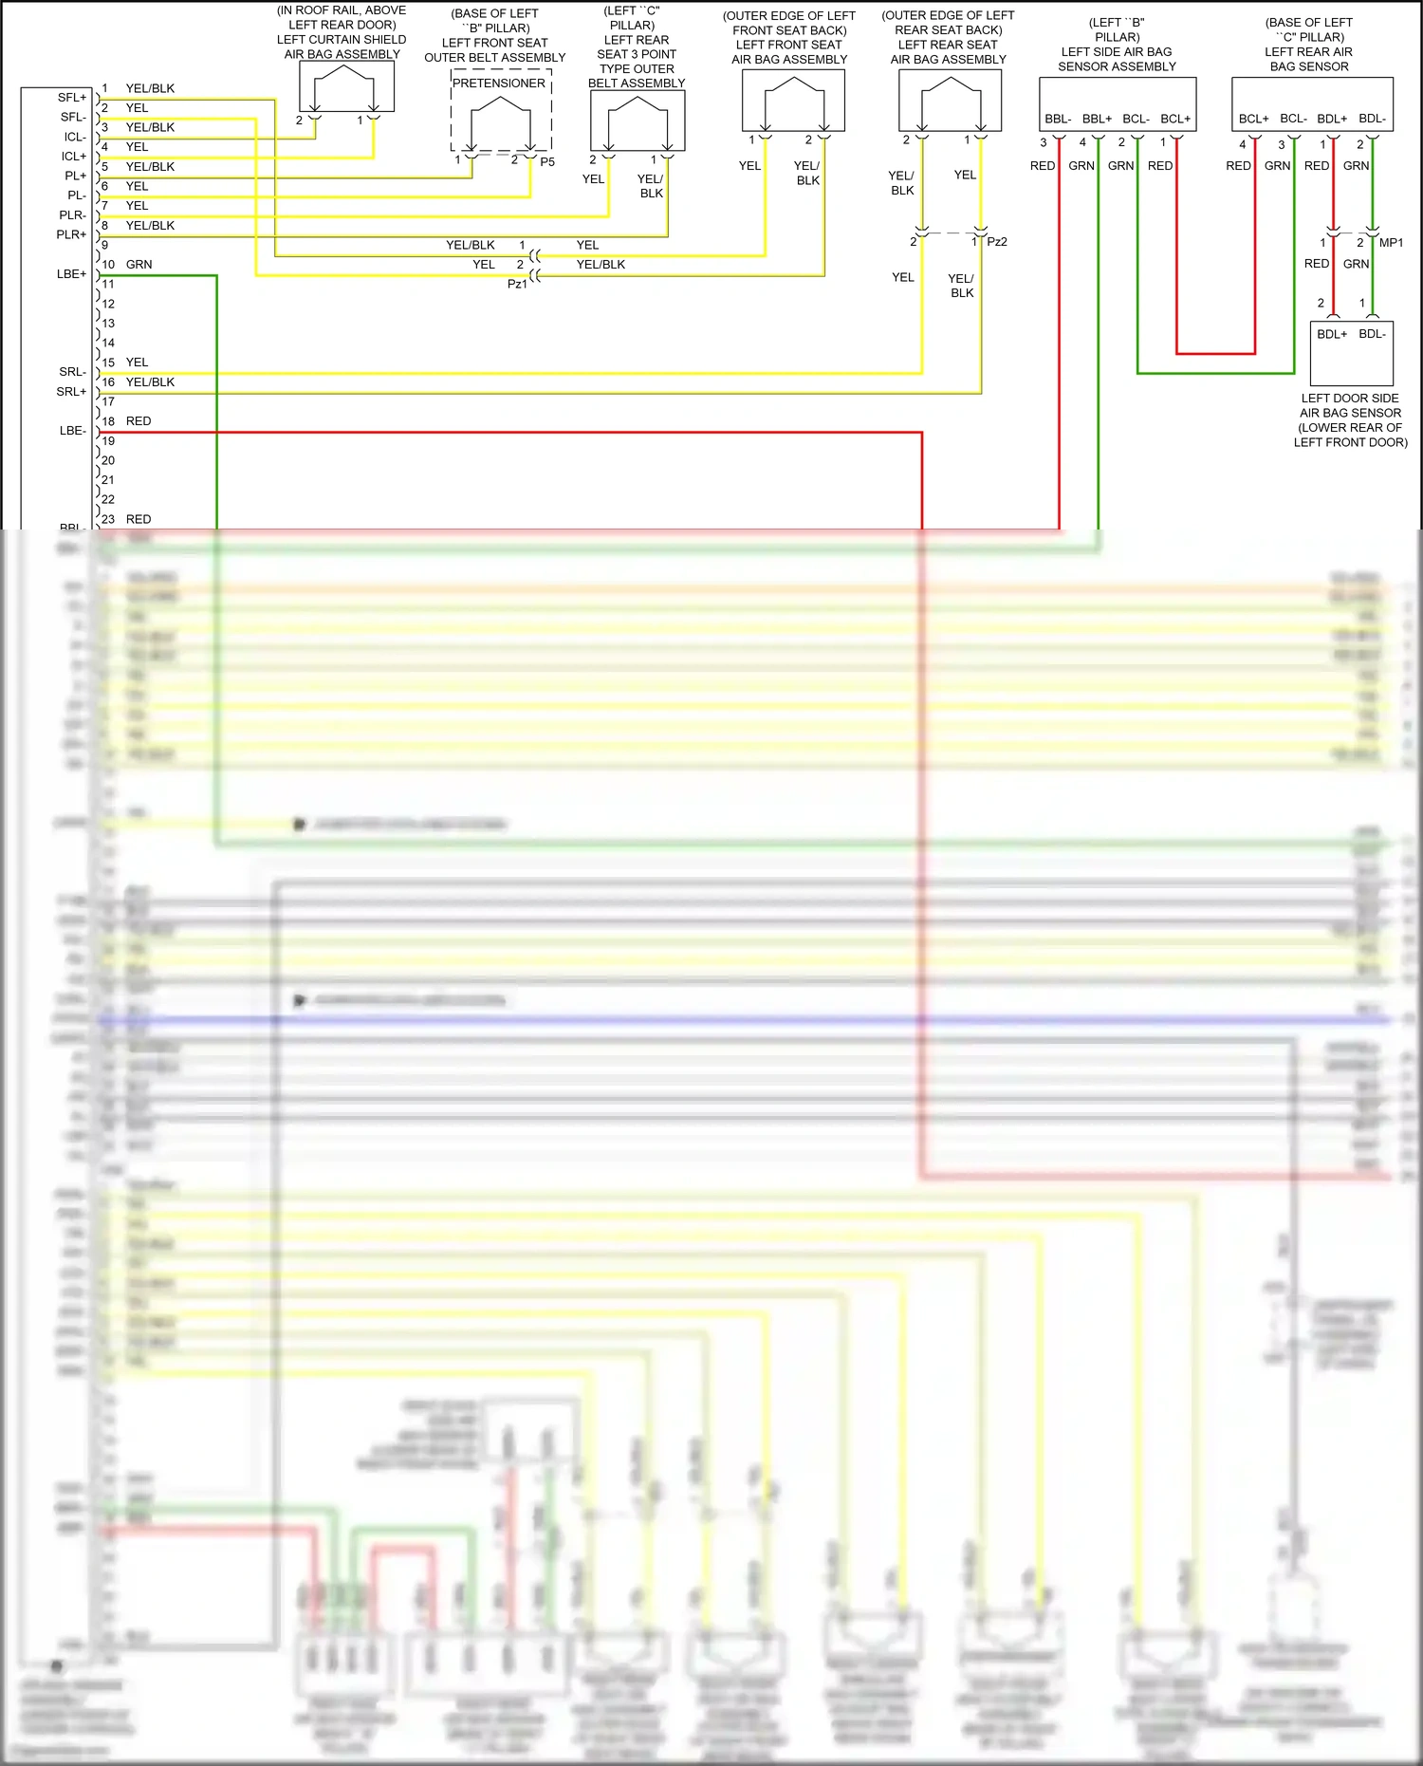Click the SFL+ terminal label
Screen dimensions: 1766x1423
pyautogui.click(x=71, y=98)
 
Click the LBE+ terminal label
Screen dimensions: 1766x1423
pyautogui.click(x=71, y=274)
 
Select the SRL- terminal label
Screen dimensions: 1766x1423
pyautogui.click(x=72, y=372)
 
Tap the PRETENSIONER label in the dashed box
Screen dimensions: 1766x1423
pyautogui.click(x=499, y=84)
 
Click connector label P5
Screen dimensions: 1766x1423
pyautogui.click(x=547, y=162)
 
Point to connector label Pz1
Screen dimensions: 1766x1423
pyautogui.click(x=516, y=284)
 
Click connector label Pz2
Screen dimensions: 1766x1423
pyautogui.click(x=997, y=242)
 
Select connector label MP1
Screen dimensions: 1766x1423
pyautogui.click(x=1391, y=243)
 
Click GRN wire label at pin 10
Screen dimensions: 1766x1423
pyautogui.click(x=139, y=265)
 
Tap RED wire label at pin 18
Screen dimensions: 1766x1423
pyautogui.click(x=139, y=421)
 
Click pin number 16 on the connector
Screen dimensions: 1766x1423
pyautogui.click(x=108, y=382)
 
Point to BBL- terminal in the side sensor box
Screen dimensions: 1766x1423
pyautogui.click(x=1058, y=120)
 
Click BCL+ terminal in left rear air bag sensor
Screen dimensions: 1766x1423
pyautogui.click(x=1253, y=120)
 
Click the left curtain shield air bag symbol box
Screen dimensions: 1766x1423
pyautogui.click(x=346, y=87)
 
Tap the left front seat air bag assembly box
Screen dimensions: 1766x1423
pyautogui.click(x=793, y=101)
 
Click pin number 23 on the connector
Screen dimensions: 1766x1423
pyautogui.click(x=108, y=520)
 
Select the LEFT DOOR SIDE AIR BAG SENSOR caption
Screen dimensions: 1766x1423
pyautogui.click(x=1350, y=420)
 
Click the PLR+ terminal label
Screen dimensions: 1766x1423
pyautogui.click(x=71, y=235)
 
